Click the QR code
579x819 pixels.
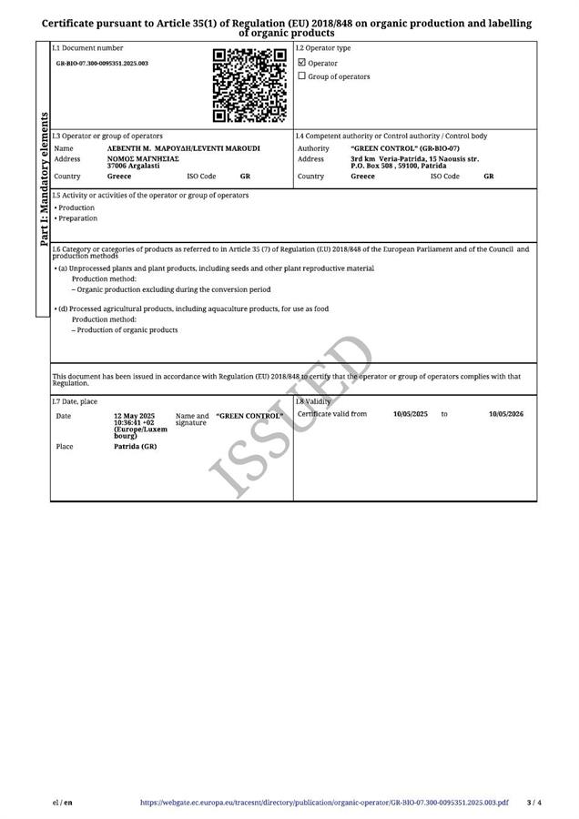249,86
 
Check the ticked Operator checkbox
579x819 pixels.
302,63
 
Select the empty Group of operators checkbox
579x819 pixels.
302,76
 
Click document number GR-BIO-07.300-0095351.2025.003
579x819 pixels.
102,64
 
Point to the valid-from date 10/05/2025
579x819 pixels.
410,414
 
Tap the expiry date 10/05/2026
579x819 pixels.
506,414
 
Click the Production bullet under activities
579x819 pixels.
76,207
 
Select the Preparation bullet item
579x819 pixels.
77,218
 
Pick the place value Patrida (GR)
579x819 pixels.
135,447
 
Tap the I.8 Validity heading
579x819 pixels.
314,401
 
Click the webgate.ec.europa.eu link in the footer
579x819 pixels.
324,803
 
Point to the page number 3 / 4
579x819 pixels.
533,803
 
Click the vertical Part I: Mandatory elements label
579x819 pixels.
43,179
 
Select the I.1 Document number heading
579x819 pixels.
87,48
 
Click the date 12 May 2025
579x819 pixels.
134,416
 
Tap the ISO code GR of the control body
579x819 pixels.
489,177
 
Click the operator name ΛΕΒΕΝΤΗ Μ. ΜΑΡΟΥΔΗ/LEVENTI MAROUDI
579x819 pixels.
183,148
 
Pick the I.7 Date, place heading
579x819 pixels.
76,401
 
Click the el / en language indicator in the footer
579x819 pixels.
63,803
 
